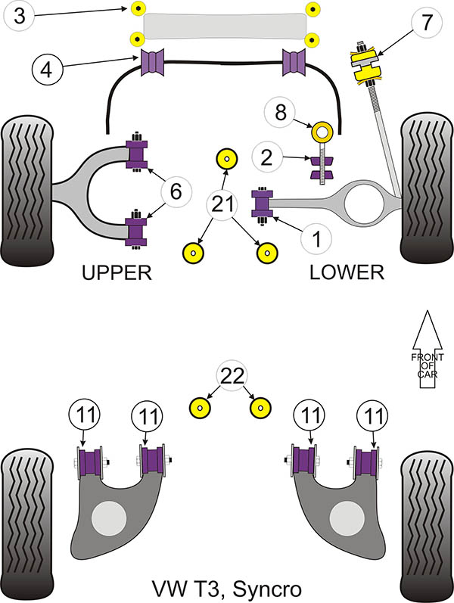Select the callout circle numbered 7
tap(425, 23)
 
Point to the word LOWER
tap(347, 273)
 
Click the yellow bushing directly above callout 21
tap(225, 158)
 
